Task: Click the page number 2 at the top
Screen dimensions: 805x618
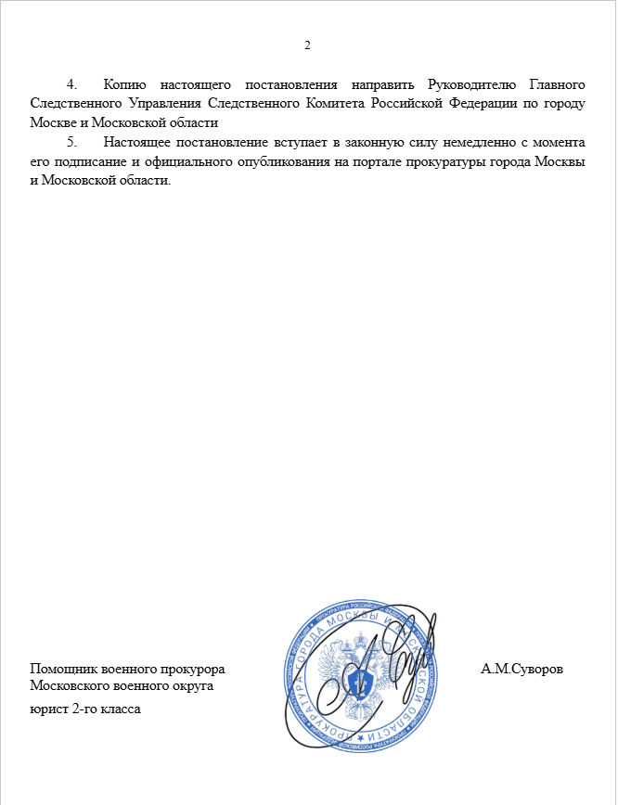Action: tap(308, 46)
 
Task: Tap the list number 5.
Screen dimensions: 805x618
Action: tap(71, 143)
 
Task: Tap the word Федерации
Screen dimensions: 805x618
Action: tap(471, 104)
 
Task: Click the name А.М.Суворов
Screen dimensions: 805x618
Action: tap(522, 669)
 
